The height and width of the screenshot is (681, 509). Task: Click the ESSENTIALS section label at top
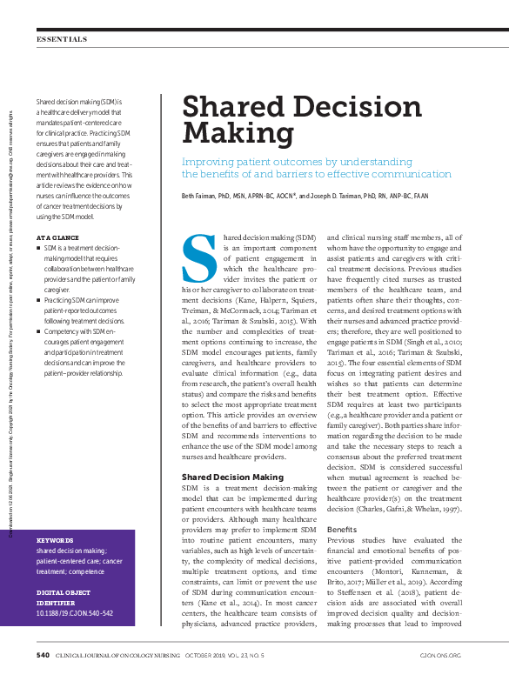coord(62,39)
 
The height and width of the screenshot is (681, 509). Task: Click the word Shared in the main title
coord(230,109)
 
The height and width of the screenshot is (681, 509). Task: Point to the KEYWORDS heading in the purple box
coord(55,539)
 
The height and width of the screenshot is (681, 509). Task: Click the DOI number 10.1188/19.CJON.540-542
coord(75,613)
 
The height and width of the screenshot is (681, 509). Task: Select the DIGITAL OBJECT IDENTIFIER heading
coord(62,598)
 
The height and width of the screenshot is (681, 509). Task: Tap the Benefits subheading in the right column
coord(342,529)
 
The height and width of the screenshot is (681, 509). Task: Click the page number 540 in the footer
coord(43,654)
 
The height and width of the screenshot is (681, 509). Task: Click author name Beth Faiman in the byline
coord(198,197)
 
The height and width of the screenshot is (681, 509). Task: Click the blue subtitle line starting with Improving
coord(296,162)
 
